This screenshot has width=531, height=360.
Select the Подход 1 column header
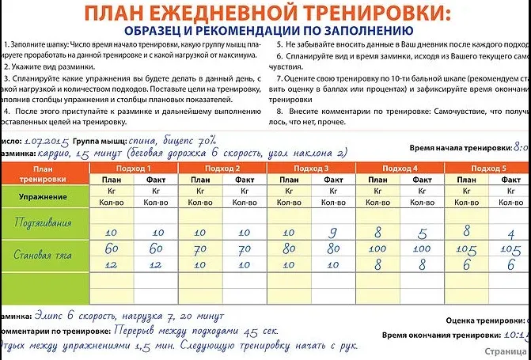[x=134, y=169]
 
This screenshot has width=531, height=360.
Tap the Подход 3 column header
[x=311, y=169]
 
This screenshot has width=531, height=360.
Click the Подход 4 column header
[x=400, y=169]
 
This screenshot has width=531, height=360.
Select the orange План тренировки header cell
[x=44, y=174]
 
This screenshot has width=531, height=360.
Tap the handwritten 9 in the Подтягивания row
[x=333, y=233]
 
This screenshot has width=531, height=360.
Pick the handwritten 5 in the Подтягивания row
[x=423, y=233]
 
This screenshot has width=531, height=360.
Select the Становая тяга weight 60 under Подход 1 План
[x=111, y=248]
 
